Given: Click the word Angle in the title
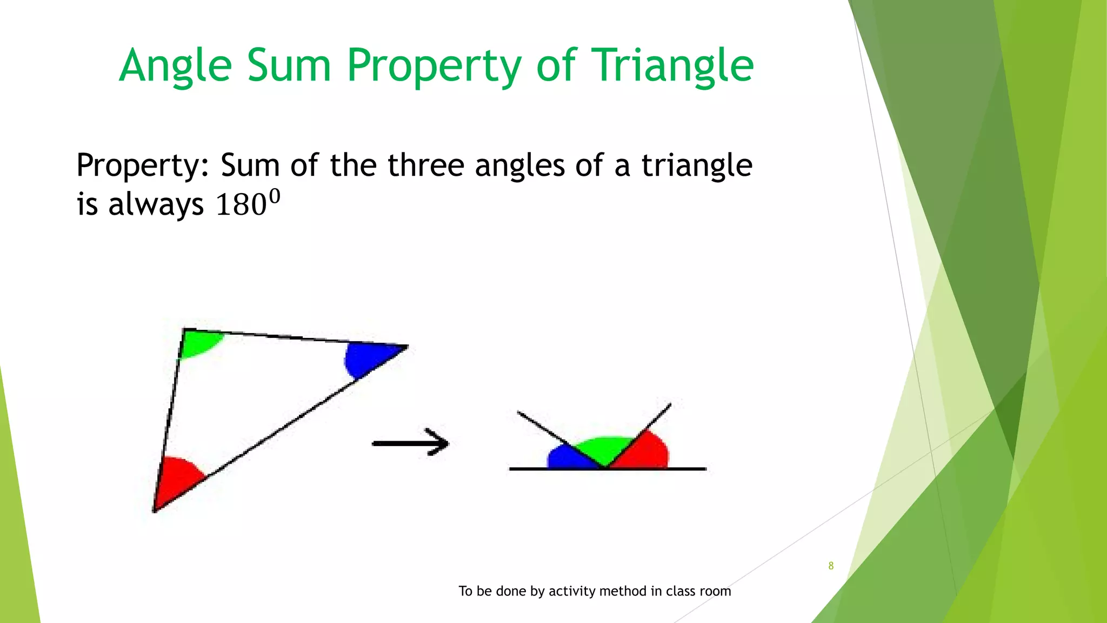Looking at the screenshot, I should (x=175, y=66).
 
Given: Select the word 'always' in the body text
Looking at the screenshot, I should (x=156, y=206).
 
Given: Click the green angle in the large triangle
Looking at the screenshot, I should (x=199, y=343).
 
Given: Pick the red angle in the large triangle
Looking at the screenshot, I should (x=175, y=479).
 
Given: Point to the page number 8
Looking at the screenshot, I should (x=831, y=566).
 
